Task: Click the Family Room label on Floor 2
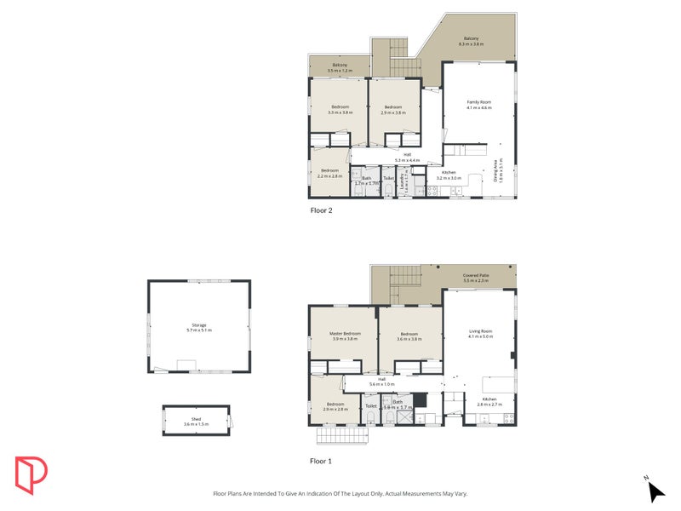point(479,104)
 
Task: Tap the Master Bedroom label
point(345,336)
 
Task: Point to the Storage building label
point(198,327)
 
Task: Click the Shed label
point(196,422)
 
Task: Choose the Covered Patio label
point(476,278)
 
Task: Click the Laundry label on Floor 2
point(406,181)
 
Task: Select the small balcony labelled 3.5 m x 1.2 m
point(339,66)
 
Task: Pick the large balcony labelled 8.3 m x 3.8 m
point(471,40)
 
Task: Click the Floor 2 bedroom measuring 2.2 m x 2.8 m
point(329,173)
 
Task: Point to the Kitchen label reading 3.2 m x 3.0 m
point(449,175)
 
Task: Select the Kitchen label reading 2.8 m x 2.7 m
point(489,401)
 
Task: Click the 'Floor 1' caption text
point(321,461)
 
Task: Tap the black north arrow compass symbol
point(655,491)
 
